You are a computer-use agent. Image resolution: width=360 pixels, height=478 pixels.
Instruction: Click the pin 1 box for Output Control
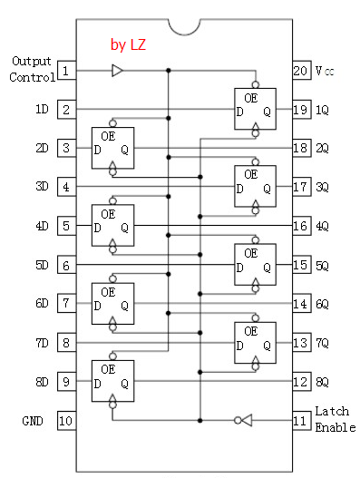click(x=66, y=70)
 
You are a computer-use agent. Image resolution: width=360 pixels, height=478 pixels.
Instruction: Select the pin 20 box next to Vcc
click(x=300, y=70)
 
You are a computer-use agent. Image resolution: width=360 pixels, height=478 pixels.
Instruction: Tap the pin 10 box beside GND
click(x=66, y=420)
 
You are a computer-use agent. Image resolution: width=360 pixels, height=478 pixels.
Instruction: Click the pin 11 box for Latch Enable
click(x=300, y=420)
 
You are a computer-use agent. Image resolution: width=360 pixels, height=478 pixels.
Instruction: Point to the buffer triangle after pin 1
click(x=117, y=70)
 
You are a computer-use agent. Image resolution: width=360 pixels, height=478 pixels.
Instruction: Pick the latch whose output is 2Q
click(x=112, y=145)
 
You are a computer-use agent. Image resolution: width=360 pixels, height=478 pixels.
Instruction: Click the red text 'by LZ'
click(x=128, y=44)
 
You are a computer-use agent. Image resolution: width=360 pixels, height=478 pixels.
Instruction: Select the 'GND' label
click(x=32, y=421)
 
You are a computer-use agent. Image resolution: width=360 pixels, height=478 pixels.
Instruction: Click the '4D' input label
click(x=42, y=226)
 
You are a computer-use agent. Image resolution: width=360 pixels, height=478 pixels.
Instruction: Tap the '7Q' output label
click(x=323, y=343)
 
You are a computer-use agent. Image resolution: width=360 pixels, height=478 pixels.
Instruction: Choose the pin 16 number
click(x=300, y=226)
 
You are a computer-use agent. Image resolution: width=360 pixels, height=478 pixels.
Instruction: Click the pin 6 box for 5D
click(x=66, y=265)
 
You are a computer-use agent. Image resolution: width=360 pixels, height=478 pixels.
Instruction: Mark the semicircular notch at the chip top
click(x=182, y=25)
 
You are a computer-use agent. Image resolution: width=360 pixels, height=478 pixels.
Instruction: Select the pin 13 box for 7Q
click(x=300, y=343)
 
